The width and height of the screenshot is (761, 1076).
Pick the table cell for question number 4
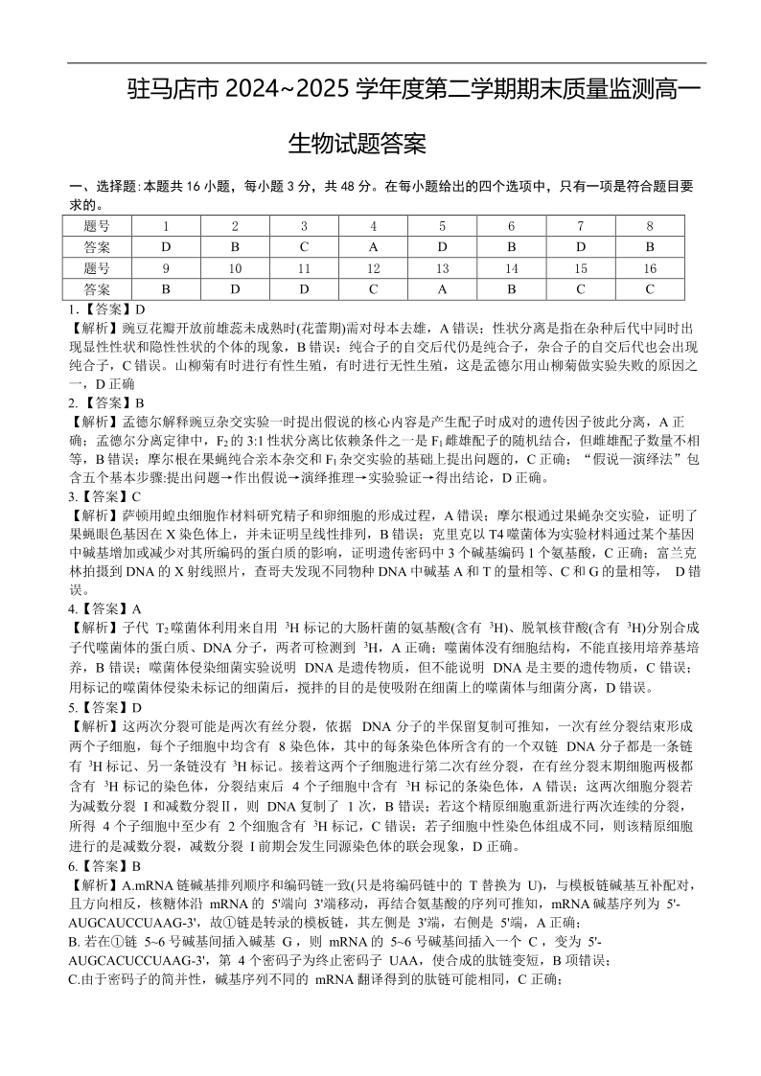373,226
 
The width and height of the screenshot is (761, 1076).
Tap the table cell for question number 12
373,268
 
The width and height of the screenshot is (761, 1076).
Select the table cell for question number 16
650,268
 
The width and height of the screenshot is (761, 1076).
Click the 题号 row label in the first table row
97,226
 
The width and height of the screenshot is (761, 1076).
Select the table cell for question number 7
581,226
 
